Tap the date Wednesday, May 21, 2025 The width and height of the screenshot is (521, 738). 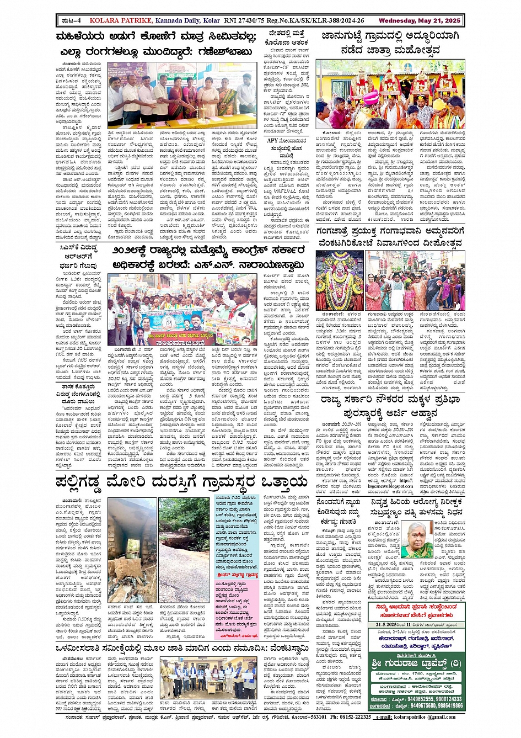tap(419, 21)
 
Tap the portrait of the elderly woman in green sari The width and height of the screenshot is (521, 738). tap(416, 539)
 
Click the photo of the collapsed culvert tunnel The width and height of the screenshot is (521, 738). tap(132, 550)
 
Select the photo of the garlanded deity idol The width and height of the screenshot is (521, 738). tap(340, 280)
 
